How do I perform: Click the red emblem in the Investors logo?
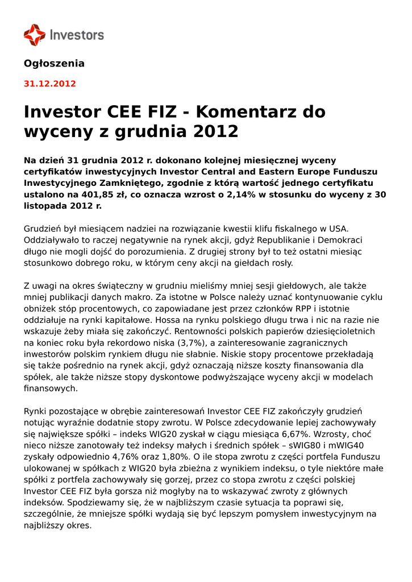[34, 35]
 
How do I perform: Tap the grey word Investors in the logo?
[77, 35]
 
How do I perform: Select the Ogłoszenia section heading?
[54, 63]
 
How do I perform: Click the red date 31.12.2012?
[49, 84]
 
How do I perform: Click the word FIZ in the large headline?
[160, 111]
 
